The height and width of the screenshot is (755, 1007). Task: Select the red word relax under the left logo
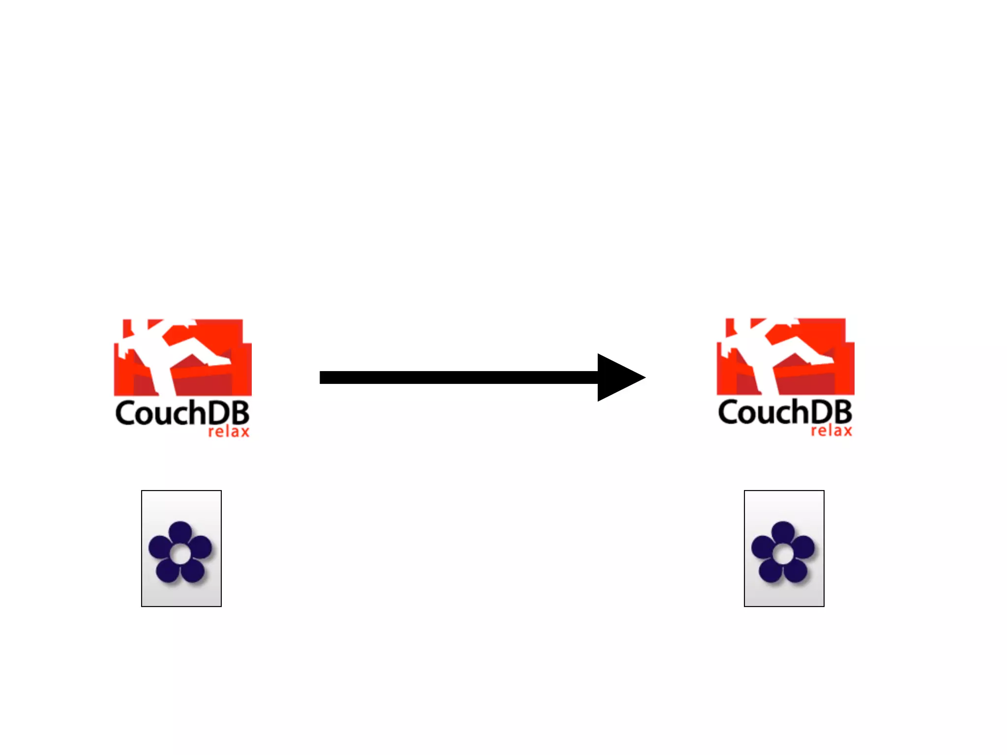coord(229,432)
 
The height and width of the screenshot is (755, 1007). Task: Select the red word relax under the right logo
coord(831,431)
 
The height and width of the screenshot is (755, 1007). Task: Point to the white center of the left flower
coord(180,554)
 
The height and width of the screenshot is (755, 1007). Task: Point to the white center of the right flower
coord(783,554)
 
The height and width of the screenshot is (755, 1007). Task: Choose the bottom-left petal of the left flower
coord(167,570)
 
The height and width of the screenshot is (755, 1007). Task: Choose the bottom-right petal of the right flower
coord(796,570)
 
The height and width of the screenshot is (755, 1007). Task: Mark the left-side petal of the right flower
coord(763,547)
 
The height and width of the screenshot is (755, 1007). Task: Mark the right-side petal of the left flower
coord(201,547)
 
